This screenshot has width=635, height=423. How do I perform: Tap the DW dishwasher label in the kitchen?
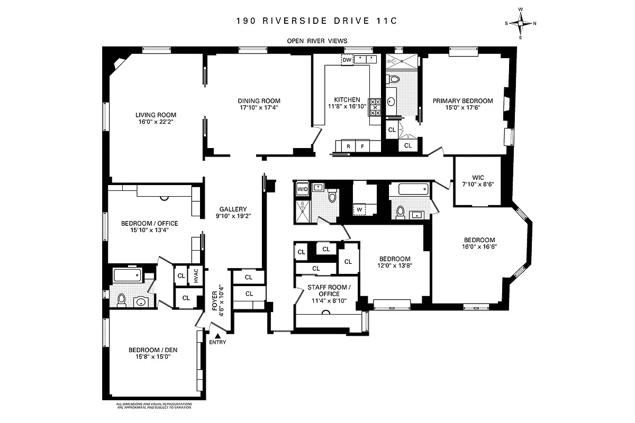pos(347,60)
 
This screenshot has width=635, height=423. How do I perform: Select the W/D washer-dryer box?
pos(303,189)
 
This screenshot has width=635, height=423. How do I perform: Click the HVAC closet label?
pos(196,275)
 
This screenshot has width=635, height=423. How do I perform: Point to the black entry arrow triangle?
pos(217,335)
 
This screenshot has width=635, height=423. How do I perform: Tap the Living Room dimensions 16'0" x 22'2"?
pos(156,122)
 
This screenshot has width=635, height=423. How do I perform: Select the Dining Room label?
pos(259,100)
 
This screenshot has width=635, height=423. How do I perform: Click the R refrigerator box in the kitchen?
pos(349,146)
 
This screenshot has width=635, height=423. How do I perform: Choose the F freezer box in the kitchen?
pos(363,146)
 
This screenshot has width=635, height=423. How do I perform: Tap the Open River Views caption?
pos(317,41)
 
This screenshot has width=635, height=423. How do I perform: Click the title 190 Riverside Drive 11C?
pos(317,22)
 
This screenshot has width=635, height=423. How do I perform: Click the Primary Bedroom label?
pos(462,100)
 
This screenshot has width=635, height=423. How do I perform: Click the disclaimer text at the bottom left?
pos(153,406)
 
